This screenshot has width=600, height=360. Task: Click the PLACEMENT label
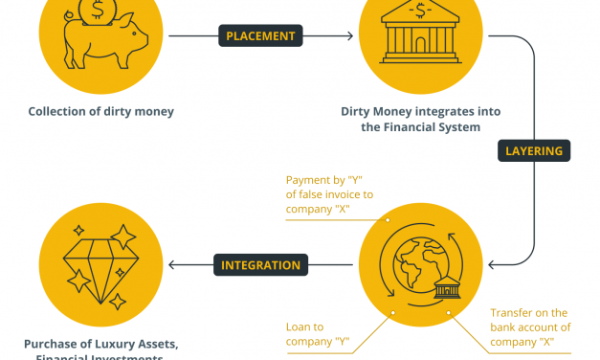pyautogui.click(x=259, y=37)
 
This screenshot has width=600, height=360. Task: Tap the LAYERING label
pyautogui.click(x=534, y=150)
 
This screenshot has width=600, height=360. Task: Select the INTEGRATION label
pyautogui.click(x=261, y=265)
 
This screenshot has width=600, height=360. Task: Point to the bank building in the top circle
pyautogui.click(x=419, y=34)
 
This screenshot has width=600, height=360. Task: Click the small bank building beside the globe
pyautogui.click(x=447, y=291)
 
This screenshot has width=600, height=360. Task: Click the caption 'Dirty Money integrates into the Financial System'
pyautogui.click(x=420, y=119)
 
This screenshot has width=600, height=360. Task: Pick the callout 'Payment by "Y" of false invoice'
pyautogui.click(x=330, y=194)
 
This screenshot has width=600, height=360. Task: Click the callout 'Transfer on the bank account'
pyautogui.click(x=528, y=326)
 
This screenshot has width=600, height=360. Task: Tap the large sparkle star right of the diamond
pyautogui.click(x=123, y=235)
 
